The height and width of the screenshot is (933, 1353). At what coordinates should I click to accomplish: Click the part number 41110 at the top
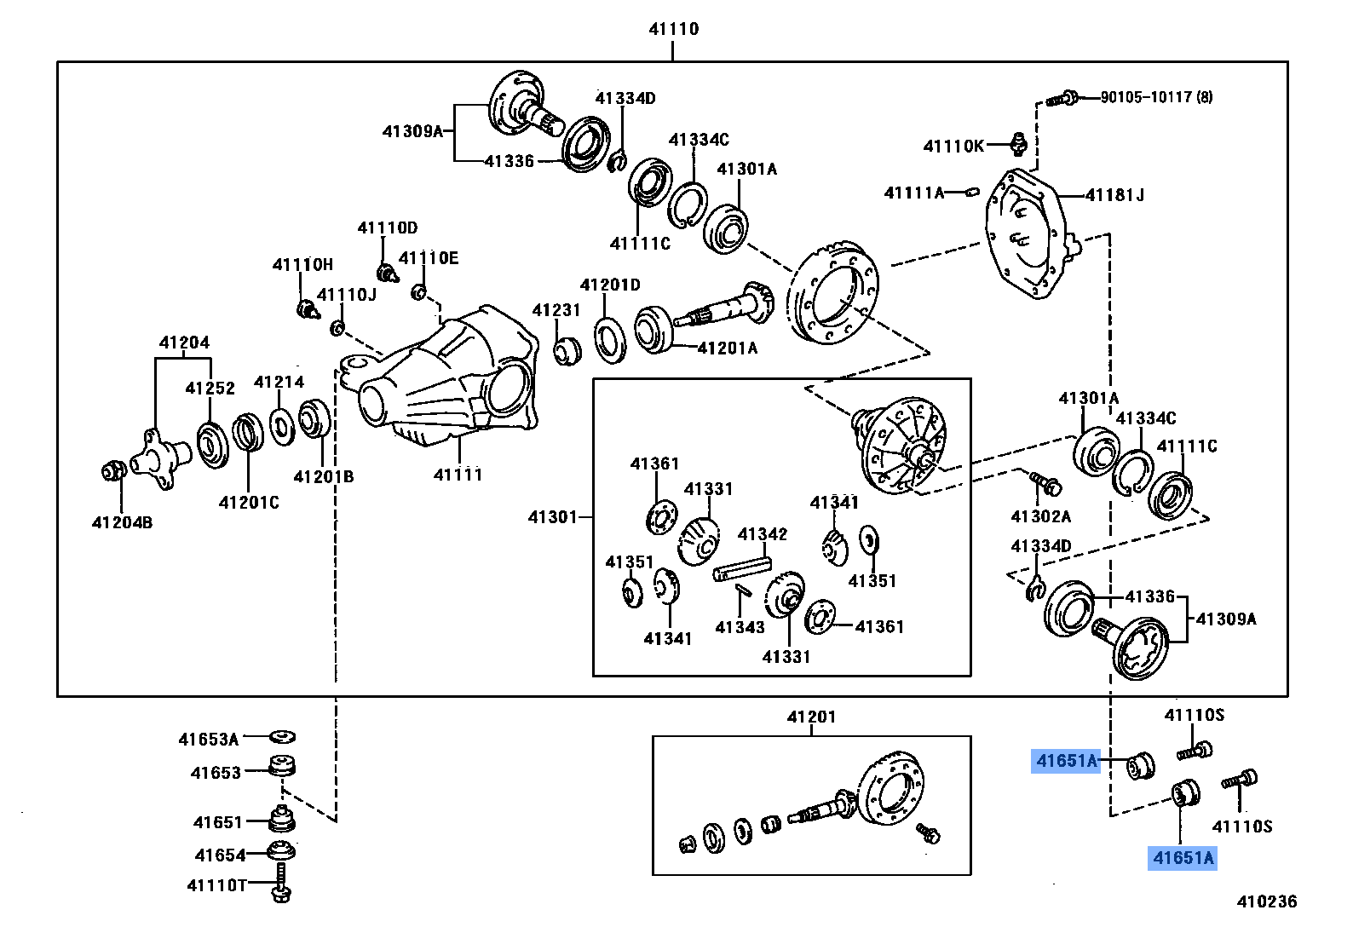click(673, 29)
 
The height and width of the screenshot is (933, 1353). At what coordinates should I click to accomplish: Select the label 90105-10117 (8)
click(1156, 97)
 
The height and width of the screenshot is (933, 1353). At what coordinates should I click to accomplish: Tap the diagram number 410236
click(1267, 901)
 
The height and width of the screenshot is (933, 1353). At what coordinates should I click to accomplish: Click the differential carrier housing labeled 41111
click(452, 379)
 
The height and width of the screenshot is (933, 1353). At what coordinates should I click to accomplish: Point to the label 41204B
click(122, 522)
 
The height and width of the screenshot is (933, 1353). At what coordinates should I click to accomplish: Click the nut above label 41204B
click(112, 470)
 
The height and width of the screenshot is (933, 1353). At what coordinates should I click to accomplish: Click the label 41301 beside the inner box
click(552, 516)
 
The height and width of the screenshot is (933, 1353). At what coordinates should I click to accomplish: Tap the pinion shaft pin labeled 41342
click(741, 569)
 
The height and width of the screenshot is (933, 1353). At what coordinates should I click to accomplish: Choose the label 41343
click(740, 627)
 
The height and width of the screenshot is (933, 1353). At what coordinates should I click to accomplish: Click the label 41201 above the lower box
click(811, 717)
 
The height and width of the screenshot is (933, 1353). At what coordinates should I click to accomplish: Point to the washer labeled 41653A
click(282, 736)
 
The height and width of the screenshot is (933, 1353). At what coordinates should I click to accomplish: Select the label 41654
click(220, 855)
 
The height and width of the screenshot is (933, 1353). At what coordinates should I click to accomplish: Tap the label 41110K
click(953, 146)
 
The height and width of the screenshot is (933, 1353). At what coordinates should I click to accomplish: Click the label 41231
click(556, 310)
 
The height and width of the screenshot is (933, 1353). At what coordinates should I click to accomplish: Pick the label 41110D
click(387, 227)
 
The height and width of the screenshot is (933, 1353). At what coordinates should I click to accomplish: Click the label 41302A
click(1040, 516)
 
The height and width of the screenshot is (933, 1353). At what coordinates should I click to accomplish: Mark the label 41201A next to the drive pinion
click(727, 348)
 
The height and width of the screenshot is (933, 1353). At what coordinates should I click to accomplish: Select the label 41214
click(279, 382)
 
